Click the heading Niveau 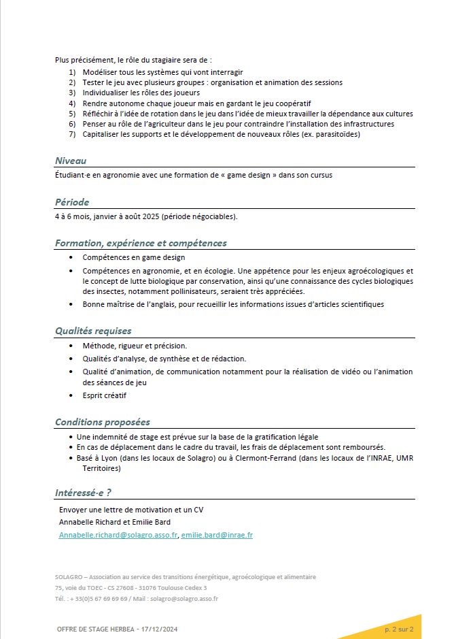point(71,161)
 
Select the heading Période point(72,202)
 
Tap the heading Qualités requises point(93,331)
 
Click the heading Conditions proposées point(103,422)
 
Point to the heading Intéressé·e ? point(83,493)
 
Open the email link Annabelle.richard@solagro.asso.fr point(118,535)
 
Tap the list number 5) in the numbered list point(72,114)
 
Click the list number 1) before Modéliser point(72,71)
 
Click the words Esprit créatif point(104,395)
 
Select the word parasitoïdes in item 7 point(336,134)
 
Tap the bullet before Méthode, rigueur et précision point(72,346)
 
